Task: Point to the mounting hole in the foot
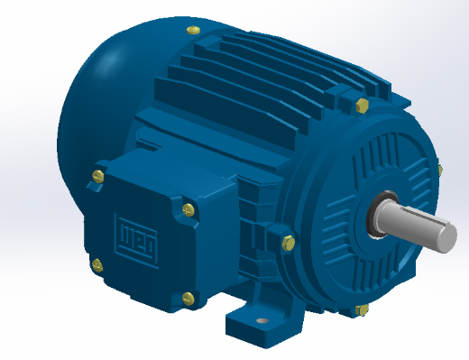(262, 320)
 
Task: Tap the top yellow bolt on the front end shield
(363, 107)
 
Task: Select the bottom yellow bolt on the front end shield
(363, 309)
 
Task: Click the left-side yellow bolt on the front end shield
(287, 241)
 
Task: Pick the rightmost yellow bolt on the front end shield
(439, 168)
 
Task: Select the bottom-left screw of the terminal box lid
(97, 263)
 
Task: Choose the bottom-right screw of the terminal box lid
(187, 296)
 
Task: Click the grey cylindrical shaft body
(410, 221)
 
